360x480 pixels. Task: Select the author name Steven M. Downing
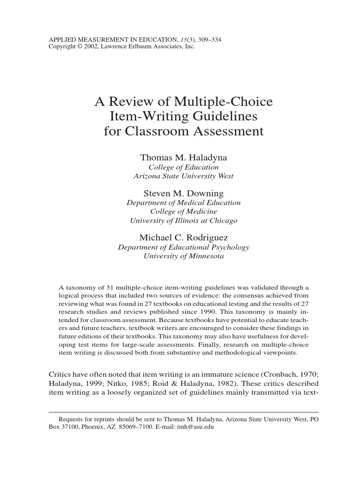183,193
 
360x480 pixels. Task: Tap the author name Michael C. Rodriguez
184,238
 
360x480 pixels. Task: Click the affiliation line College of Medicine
183,211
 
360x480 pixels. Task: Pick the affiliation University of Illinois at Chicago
183,220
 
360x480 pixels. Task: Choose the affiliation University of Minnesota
183,256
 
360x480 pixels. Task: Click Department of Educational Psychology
183,247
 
